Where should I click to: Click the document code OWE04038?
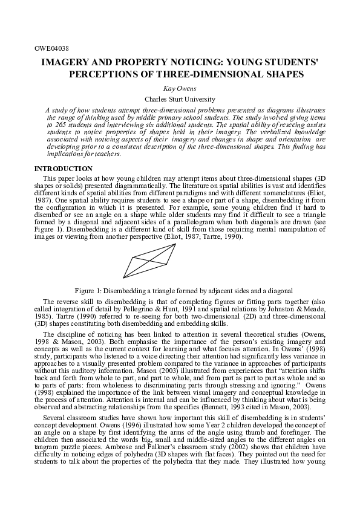pos(51,47)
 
